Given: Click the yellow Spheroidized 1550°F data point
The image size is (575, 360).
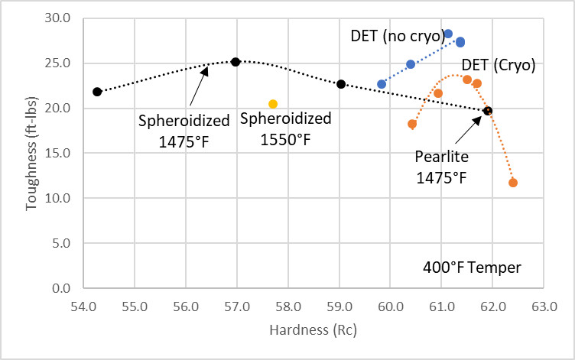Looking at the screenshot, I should [x=273, y=104].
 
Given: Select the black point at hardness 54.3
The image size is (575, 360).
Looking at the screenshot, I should [x=97, y=92].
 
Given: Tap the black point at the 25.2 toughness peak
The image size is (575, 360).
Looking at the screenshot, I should [x=236, y=62].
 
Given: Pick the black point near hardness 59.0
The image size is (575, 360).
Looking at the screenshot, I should [x=341, y=84].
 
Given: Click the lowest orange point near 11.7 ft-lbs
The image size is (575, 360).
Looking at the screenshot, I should [x=513, y=183].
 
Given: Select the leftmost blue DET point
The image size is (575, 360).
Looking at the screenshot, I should [x=382, y=84].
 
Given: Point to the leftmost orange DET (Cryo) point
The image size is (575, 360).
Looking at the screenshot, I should [x=412, y=124].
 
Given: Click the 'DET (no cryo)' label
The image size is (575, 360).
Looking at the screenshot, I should [x=397, y=35].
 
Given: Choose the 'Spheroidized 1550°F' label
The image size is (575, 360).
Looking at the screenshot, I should [x=286, y=128].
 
